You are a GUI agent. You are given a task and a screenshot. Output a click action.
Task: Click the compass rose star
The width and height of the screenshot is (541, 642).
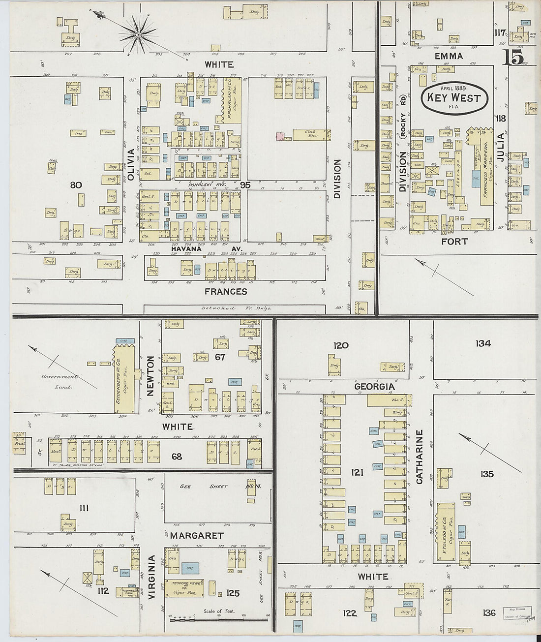[x=138, y=34]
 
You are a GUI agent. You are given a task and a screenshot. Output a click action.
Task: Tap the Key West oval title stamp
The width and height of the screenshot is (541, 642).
[x=453, y=97]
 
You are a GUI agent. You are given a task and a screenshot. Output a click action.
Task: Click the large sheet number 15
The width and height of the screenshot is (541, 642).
[x=513, y=58]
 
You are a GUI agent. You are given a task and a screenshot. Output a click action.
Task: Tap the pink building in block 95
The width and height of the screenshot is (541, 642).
[x=281, y=136]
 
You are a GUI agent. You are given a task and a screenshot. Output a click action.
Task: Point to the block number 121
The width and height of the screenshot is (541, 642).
[x=357, y=473]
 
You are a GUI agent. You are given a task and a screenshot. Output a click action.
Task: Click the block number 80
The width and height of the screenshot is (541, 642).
[x=76, y=185]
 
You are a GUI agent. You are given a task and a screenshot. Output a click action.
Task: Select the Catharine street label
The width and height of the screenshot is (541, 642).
[x=420, y=457]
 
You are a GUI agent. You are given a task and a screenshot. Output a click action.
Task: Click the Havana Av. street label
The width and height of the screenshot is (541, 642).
[x=207, y=249]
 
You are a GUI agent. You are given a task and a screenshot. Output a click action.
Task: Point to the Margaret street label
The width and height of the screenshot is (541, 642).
[x=197, y=535]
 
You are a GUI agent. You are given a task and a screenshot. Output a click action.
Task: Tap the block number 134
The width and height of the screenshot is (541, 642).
[x=483, y=343]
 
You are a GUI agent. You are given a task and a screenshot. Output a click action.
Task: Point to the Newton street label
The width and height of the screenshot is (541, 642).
[x=150, y=376]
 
